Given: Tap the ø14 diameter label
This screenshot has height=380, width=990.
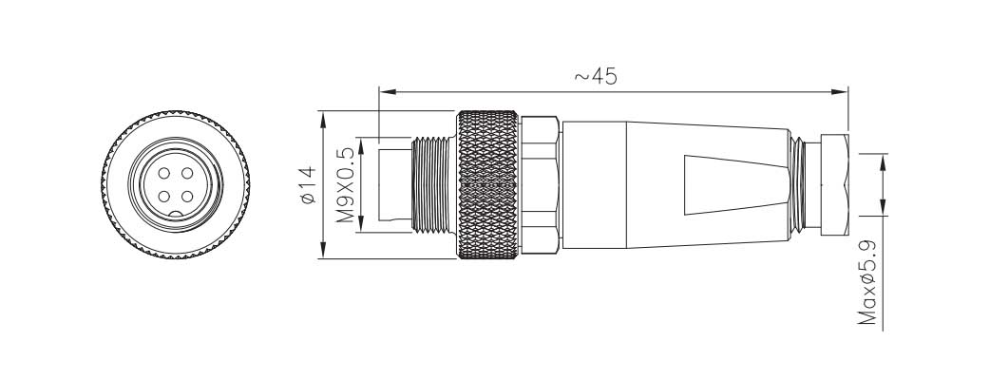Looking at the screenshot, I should (x=306, y=185).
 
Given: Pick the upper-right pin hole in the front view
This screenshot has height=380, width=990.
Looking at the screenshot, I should (x=187, y=174).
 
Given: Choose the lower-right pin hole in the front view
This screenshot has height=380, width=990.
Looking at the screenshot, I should (x=187, y=197).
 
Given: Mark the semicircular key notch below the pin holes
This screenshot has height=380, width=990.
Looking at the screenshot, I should (x=177, y=216).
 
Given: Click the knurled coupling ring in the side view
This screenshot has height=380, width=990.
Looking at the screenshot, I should (x=489, y=185).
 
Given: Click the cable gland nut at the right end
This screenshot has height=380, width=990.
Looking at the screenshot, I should (x=831, y=185).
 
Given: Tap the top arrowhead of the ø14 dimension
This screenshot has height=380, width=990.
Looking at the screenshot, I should (x=324, y=119).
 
